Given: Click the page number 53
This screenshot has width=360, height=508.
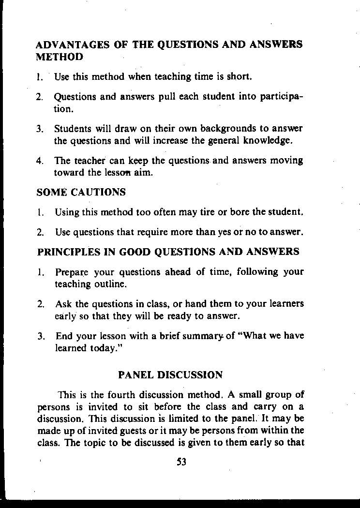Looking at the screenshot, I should coord(181,462).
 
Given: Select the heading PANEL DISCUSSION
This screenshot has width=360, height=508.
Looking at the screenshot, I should coord(170,375).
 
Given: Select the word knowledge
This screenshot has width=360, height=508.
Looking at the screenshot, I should coord(268,141).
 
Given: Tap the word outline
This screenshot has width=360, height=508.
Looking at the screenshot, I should coord(111,284).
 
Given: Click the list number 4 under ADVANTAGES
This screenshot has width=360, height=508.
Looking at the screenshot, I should coord(39,160).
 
